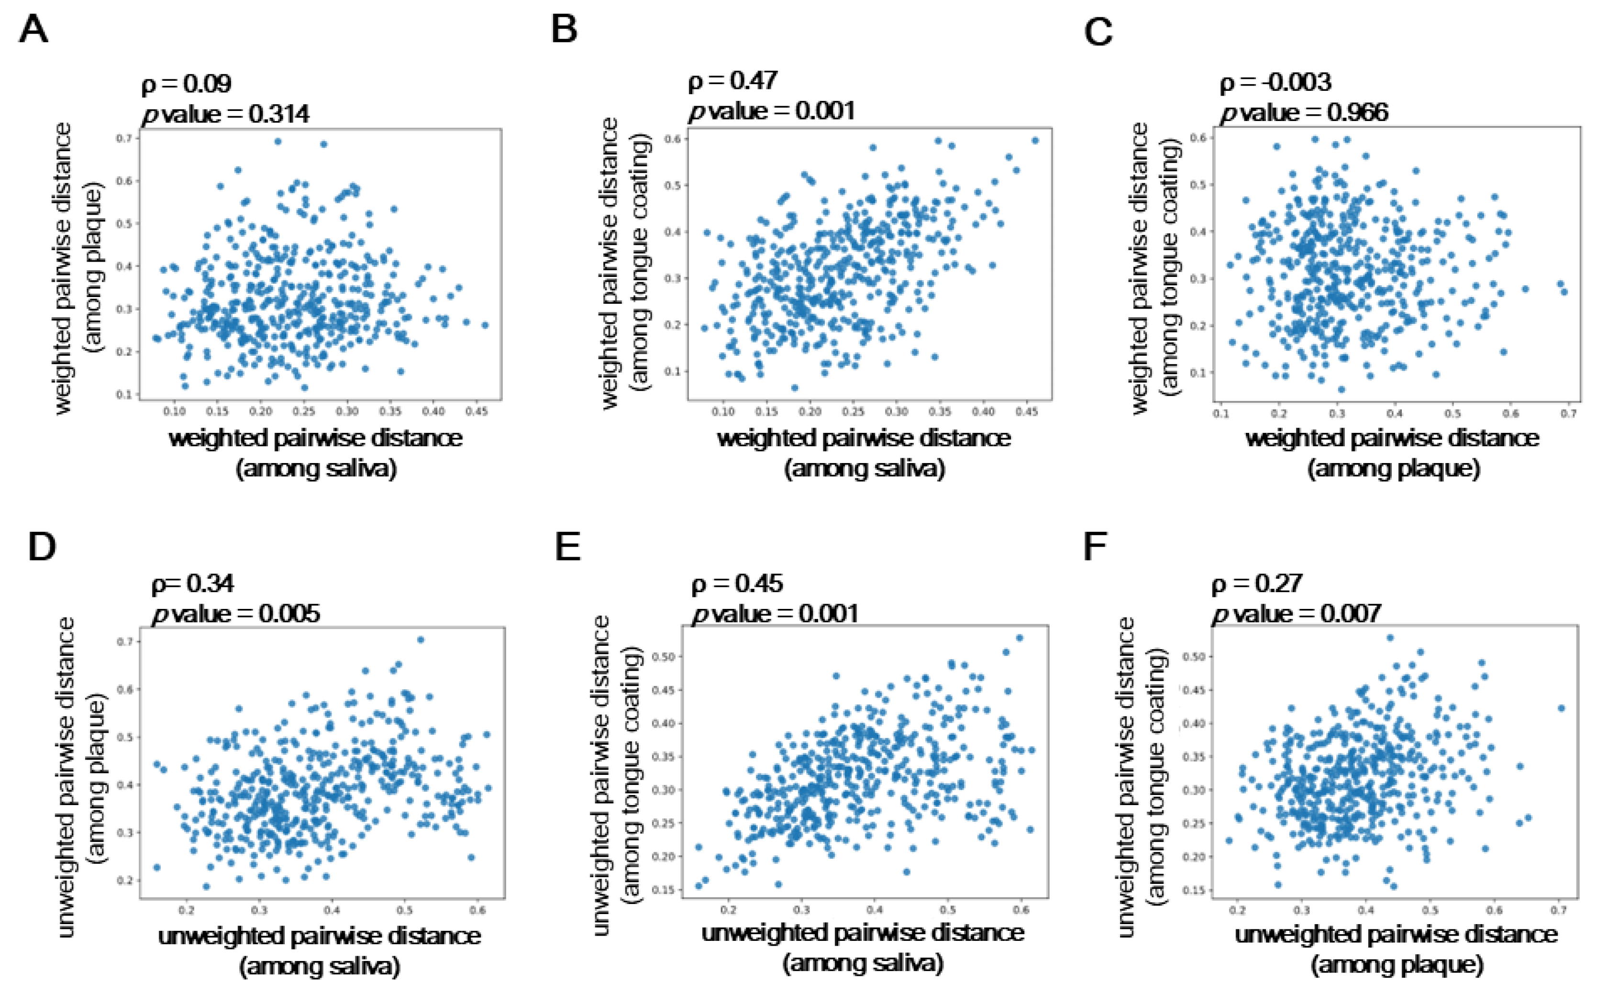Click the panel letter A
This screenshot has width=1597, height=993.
click(x=33, y=30)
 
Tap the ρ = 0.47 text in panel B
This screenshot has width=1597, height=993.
click(x=732, y=81)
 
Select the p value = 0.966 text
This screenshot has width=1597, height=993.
click(x=1304, y=113)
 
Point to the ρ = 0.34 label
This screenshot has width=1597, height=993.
click(x=192, y=583)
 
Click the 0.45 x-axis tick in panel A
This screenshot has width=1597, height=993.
click(x=476, y=412)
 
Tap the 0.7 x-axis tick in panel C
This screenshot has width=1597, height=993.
click(x=1568, y=414)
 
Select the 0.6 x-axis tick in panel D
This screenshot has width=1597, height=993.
click(x=477, y=910)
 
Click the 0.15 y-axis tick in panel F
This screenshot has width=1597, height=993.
click(x=1194, y=891)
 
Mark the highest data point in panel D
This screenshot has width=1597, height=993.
click(x=421, y=640)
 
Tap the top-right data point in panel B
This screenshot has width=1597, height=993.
click(x=1035, y=140)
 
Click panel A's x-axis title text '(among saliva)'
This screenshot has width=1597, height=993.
click(x=317, y=469)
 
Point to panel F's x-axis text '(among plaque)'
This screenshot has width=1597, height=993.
click(x=1397, y=965)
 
